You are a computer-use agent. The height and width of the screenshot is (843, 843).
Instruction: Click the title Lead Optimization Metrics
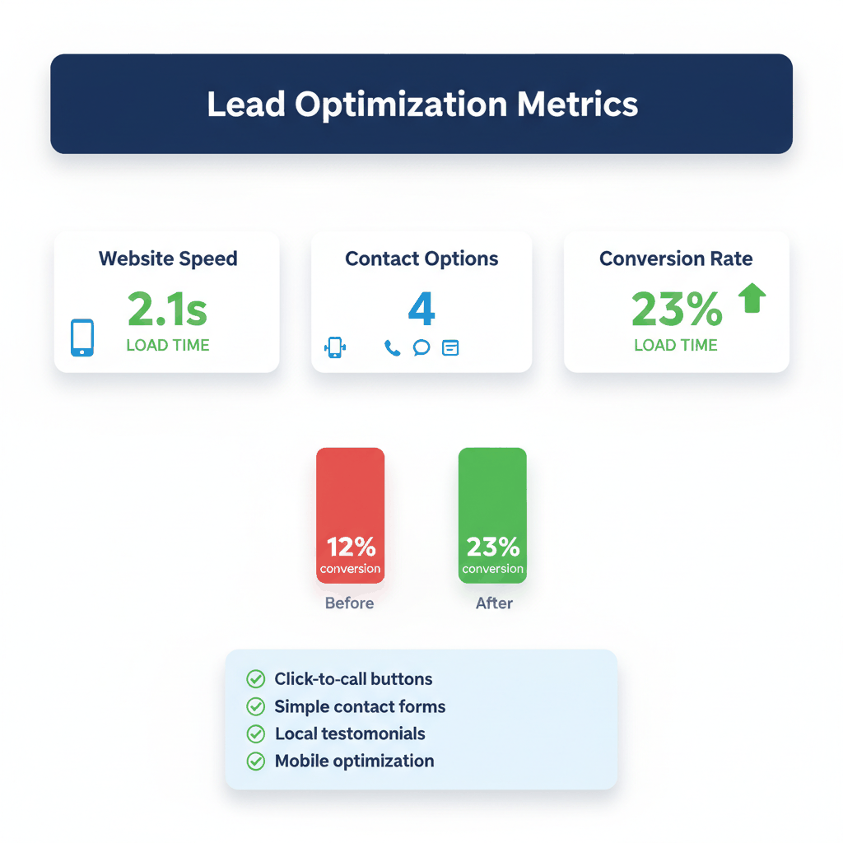click(421, 105)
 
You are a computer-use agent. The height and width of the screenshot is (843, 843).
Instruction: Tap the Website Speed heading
click(168, 258)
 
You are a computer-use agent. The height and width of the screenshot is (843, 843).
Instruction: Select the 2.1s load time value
click(168, 309)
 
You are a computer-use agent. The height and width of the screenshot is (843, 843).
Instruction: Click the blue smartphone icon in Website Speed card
click(82, 338)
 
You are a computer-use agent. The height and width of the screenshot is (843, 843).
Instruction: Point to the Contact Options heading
click(421, 258)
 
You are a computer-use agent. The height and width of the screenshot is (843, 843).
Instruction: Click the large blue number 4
click(421, 309)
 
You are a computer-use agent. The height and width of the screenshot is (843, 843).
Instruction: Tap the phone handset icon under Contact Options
click(392, 347)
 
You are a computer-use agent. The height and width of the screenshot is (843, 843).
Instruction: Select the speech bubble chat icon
click(421, 347)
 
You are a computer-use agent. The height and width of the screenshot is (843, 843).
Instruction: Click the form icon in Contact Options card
click(449, 347)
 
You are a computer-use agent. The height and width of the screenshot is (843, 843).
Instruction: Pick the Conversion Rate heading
click(676, 258)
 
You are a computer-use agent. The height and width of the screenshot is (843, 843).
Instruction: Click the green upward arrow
click(752, 298)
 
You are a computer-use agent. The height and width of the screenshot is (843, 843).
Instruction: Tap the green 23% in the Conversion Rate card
click(677, 309)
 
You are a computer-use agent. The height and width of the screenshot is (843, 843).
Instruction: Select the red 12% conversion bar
click(350, 515)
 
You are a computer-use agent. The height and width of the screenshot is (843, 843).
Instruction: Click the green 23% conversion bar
click(492, 515)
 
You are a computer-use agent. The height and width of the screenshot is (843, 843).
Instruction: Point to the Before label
click(349, 603)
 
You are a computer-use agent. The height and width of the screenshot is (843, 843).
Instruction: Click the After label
click(494, 603)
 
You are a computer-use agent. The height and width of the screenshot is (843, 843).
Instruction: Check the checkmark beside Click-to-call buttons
click(256, 679)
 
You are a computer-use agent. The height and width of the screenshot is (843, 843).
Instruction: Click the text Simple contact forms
click(360, 706)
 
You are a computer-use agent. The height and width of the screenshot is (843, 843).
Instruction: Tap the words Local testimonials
click(350, 734)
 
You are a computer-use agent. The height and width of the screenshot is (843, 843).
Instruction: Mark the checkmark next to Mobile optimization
click(256, 761)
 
